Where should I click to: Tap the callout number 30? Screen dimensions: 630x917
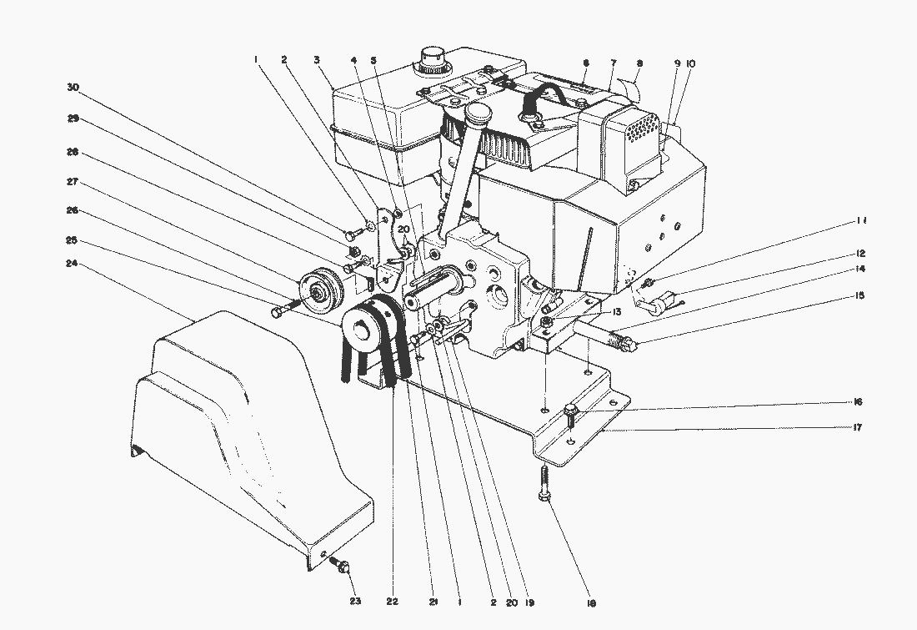73,87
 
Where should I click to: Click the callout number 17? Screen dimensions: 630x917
857,427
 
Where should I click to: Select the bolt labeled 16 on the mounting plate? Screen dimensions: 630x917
572,411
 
